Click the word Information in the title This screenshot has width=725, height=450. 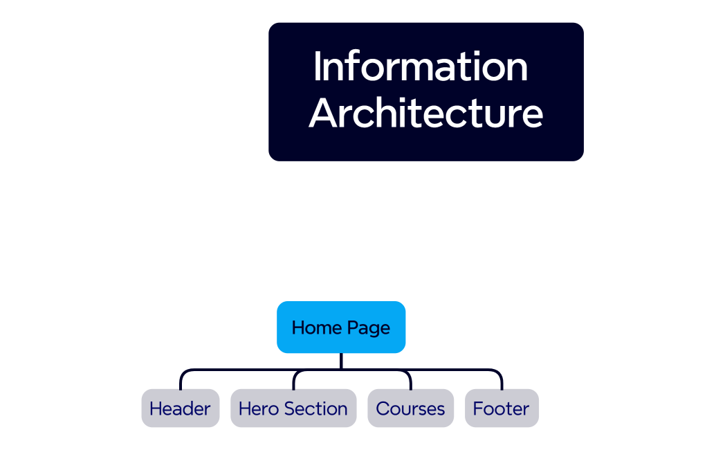[x=421, y=67]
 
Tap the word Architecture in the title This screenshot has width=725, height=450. [x=425, y=114]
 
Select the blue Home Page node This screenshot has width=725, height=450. [x=341, y=327]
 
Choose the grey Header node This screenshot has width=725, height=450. [x=180, y=408]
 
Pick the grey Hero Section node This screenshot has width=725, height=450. [x=293, y=408]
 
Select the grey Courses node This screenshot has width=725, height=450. [x=410, y=408]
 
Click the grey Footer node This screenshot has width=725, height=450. [x=501, y=408]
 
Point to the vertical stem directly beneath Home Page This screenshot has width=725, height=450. [x=341, y=361]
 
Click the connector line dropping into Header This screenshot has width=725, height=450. [x=181, y=381]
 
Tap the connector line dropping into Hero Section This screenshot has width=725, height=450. [x=294, y=381]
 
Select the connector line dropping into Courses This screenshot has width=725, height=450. [x=410, y=381]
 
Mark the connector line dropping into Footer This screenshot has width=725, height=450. [x=502, y=381]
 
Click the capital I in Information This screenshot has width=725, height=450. [x=318, y=67]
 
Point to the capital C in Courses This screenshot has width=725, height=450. [x=383, y=408]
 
